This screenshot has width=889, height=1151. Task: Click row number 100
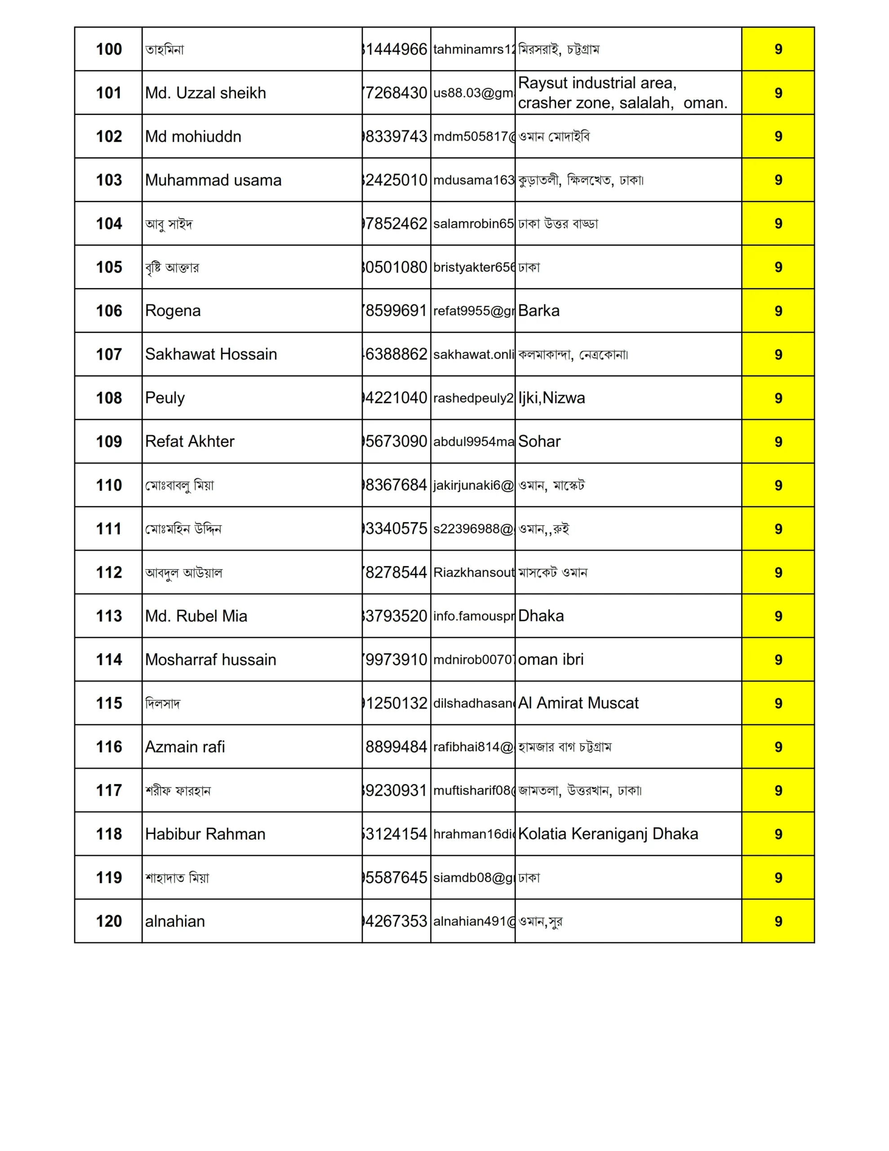point(109,49)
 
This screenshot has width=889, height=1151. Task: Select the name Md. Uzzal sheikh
point(205,93)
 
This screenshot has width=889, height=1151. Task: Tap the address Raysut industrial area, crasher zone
point(622,93)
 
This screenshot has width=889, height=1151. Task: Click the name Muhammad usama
point(213,180)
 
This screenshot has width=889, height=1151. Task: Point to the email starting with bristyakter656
point(473,267)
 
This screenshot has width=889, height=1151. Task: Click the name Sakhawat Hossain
point(211,354)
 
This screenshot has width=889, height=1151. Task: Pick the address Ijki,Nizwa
point(551,398)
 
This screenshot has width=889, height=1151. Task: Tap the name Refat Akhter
point(190,442)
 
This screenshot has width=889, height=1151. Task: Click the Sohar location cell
point(539,442)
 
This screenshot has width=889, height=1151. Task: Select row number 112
point(109,572)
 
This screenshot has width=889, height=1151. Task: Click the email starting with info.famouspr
point(473,616)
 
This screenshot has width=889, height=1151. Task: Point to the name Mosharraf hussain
point(210,660)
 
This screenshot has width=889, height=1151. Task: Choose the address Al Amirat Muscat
point(578,703)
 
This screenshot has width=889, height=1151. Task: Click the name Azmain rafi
point(185,747)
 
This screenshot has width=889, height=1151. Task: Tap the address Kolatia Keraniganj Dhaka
point(608,834)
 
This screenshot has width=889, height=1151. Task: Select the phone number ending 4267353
point(396,921)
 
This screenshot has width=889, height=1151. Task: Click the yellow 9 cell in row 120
point(778,921)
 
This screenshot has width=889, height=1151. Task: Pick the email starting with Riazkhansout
point(473,572)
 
